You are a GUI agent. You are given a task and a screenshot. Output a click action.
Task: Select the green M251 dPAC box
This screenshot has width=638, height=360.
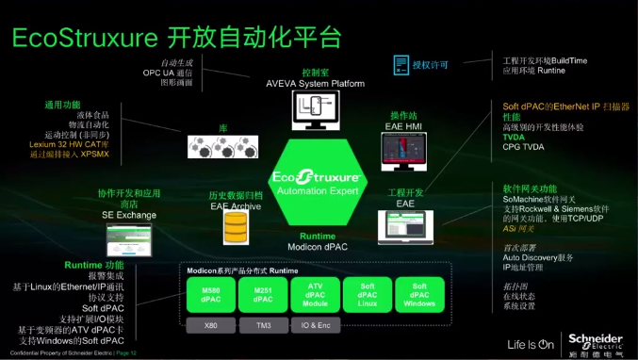tap(264, 293)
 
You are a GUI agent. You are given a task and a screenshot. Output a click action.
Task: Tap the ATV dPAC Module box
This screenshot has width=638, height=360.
tap(316, 293)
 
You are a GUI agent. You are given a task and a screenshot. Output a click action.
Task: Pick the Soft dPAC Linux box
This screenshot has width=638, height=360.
tap(368, 293)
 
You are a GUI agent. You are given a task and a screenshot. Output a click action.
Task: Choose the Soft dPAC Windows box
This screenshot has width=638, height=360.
tap(419, 293)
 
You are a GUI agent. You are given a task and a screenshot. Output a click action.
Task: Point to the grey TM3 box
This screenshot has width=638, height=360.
tap(264, 325)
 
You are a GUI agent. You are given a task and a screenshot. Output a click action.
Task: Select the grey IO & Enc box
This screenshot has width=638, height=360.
tap(316, 325)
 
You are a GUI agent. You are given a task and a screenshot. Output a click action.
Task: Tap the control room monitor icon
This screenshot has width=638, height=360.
tap(315, 115)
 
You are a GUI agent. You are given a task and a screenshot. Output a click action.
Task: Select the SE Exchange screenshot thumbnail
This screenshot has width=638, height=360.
tap(131, 240)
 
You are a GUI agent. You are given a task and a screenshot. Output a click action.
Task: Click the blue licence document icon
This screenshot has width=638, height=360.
tap(399, 65)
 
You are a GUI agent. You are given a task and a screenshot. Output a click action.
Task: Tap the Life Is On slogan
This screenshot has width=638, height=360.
tap(531, 344)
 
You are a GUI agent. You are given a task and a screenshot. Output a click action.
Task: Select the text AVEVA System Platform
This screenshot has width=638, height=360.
tap(315, 83)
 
